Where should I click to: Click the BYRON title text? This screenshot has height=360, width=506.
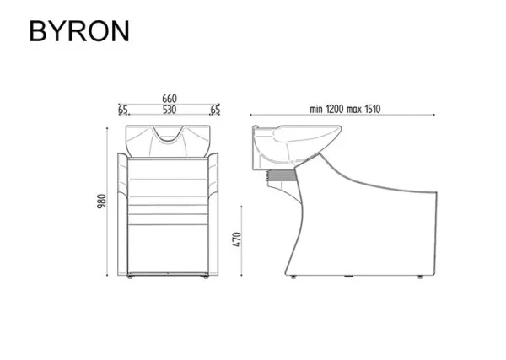[x=79, y=31]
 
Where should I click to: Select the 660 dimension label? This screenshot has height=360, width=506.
[x=170, y=99]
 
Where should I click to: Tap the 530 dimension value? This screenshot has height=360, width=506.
[x=170, y=110]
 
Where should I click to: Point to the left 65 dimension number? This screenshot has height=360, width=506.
[x=123, y=110]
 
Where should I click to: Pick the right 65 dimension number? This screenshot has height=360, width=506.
[x=215, y=110]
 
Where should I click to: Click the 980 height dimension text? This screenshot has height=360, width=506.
[x=101, y=201]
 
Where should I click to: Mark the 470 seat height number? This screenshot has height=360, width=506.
[x=237, y=239]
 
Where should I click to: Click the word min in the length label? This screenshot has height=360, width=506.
[x=316, y=110]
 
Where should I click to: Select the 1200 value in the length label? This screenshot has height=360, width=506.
[x=335, y=110]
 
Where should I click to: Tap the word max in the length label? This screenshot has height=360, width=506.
[x=354, y=110]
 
